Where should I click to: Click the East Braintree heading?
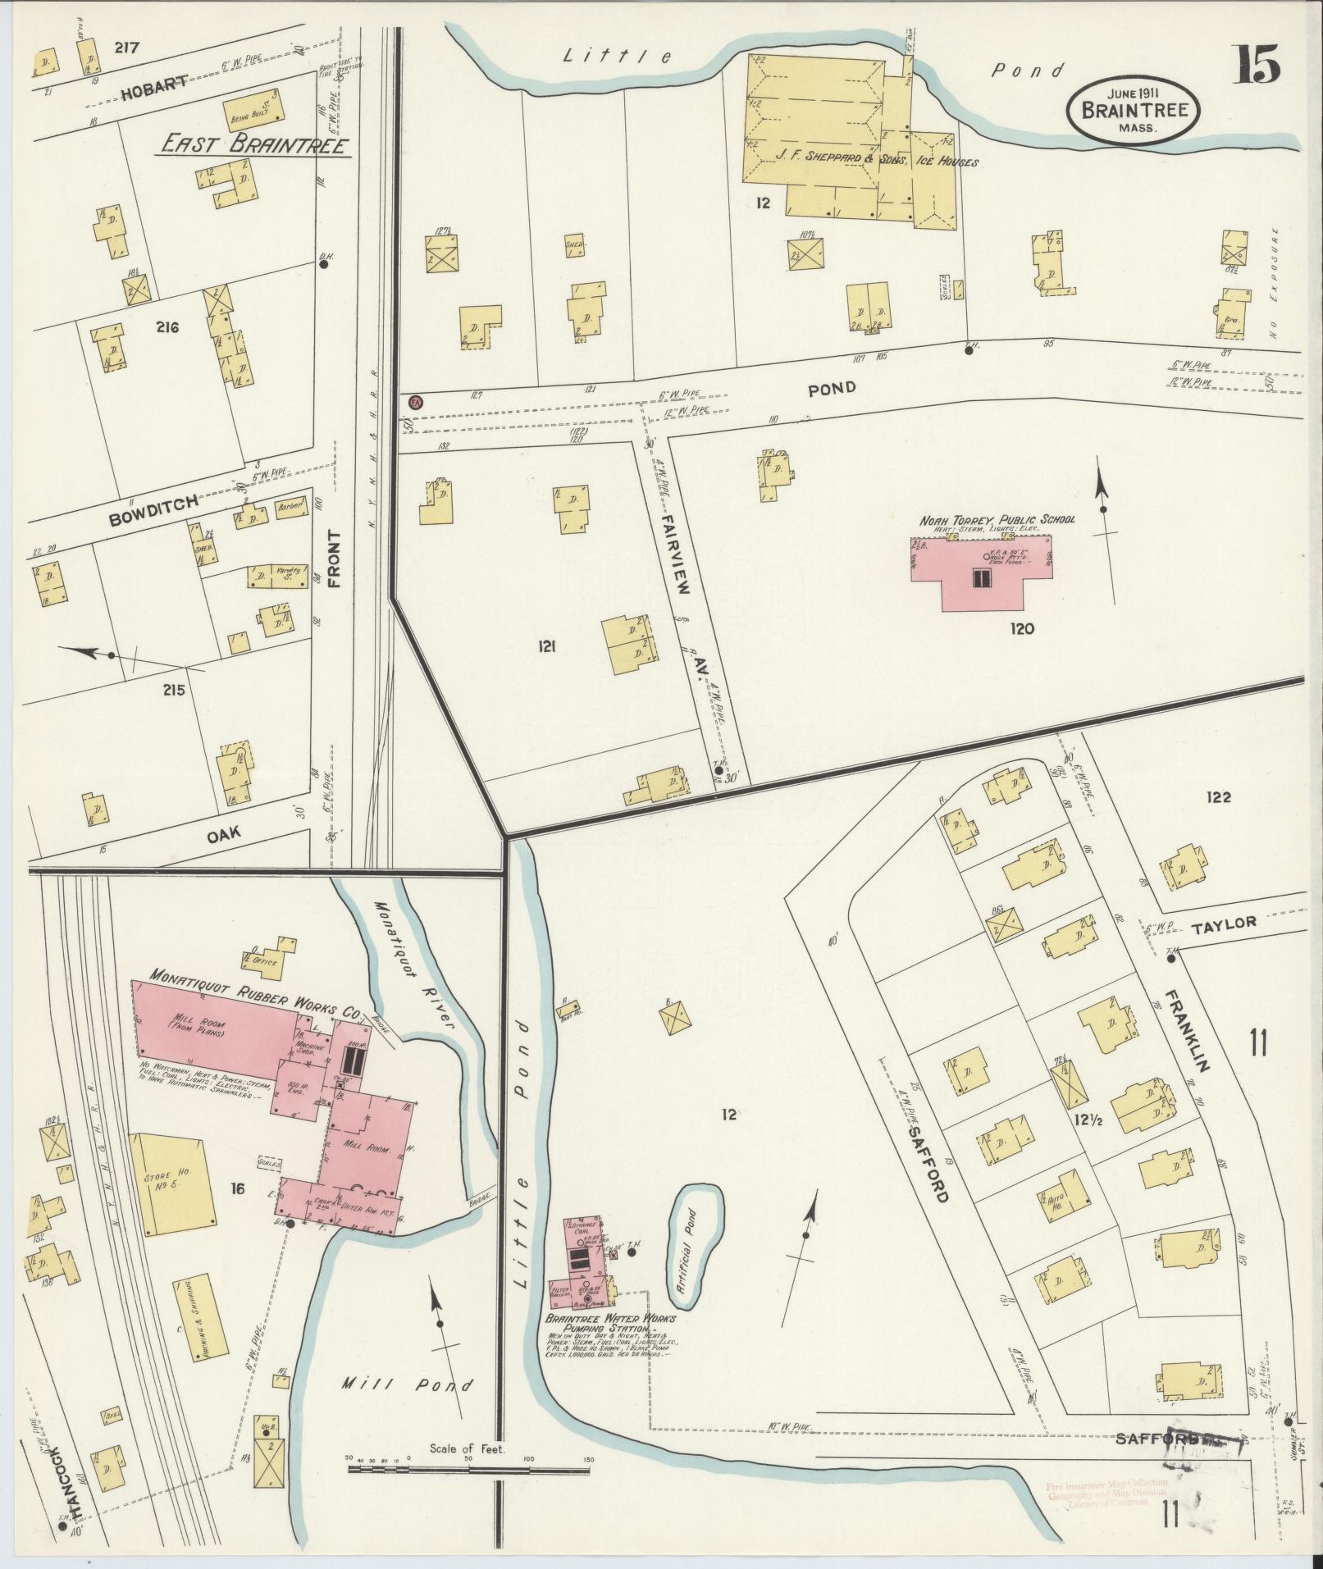254,145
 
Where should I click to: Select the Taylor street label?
1224,923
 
